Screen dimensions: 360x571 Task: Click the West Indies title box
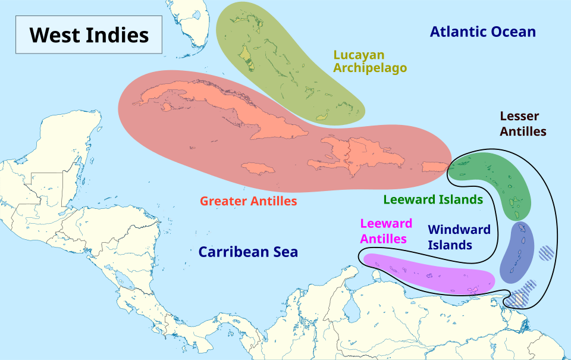[89, 35]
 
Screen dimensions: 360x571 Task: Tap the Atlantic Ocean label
[482, 32]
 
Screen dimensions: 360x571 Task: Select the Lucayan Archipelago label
[369, 61]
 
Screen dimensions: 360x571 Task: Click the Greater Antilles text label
[248, 201]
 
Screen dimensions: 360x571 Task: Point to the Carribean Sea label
[248, 252]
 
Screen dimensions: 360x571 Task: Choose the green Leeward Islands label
[432, 199]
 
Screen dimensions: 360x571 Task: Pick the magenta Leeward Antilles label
[386, 231]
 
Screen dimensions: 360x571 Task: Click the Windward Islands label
[459, 237]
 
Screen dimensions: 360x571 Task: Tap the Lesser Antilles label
[522, 124]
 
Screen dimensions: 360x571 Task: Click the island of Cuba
[202, 104]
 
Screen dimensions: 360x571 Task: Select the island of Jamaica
[258, 168]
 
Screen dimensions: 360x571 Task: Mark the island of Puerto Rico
[434, 165]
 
